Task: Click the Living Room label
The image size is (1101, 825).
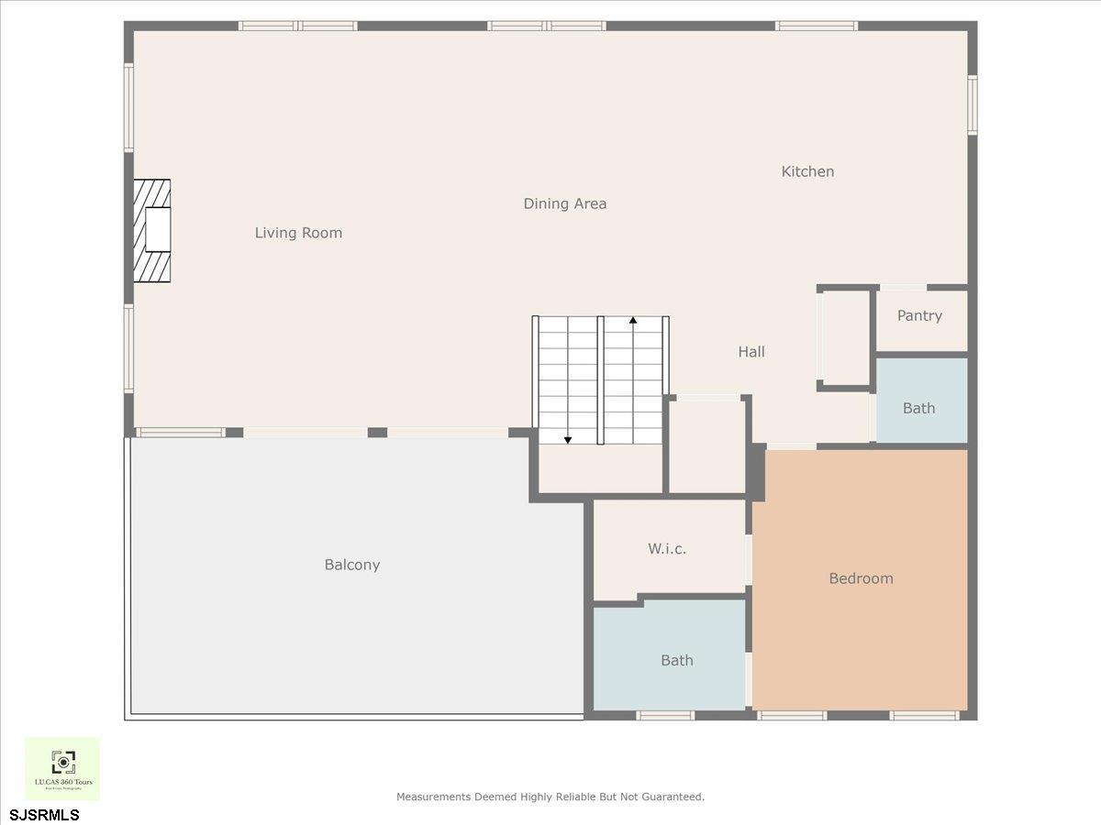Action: click(x=298, y=233)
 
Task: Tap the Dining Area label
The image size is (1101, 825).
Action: click(x=565, y=203)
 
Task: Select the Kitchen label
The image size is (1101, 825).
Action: click(x=807, y=171)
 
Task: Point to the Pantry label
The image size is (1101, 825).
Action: click(x=919, y=315)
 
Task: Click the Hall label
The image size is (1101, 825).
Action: click(x=751, y=351)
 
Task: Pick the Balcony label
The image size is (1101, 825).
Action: click(x=352, y=565)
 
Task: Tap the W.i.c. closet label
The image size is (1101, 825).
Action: click(x=667, y=549)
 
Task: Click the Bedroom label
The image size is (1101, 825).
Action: click(x=861, y=578)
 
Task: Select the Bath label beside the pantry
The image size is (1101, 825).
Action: click(x=918, y=408)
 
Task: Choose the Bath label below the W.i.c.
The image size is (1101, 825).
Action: click(x=677, y=660)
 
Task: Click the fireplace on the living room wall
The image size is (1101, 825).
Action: click(x=152, y=230)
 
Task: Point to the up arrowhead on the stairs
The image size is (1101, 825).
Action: click(x=633, y=320)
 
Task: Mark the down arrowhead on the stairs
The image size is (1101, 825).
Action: click(x=568, y=441)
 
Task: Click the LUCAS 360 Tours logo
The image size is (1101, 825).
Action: click(x=62, y=768)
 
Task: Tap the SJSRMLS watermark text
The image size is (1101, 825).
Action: click(x=45, y=815)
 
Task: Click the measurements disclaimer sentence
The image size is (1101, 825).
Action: click(x=550, y=797)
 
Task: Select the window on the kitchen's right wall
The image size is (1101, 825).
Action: click(x=973, y=104)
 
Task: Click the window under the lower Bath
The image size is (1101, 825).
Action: click(x=665, y=715)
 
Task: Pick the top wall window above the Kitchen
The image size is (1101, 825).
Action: click(x=816, y=26)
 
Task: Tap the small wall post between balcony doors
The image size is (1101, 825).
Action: click(x=377, y=433)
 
